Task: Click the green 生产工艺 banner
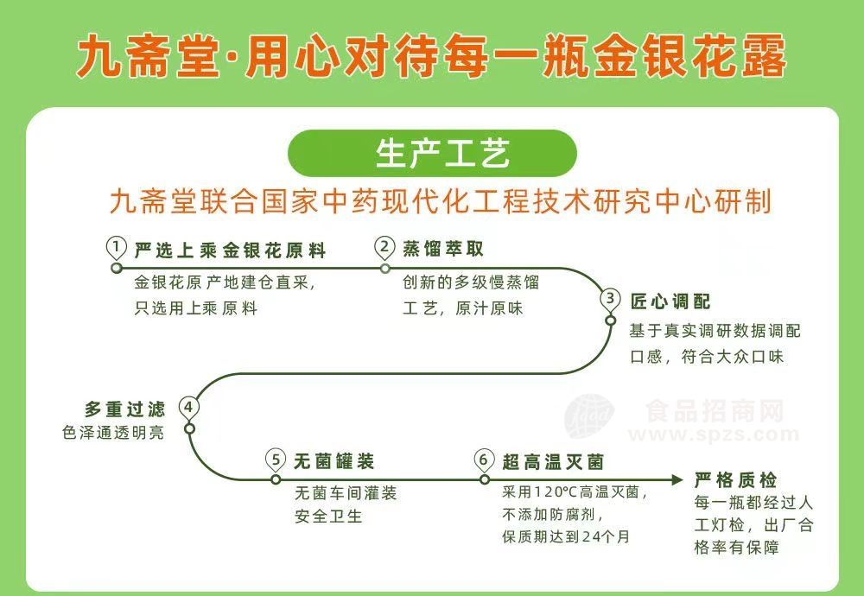point(432,154)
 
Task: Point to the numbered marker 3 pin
point(610,301)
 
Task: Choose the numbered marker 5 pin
point(276,460)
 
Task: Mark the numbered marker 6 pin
point(483,460)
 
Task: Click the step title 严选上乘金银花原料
point(231,250)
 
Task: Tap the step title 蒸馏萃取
point(443,249)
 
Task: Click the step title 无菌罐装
point(334,461)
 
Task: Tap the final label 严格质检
point(735,480)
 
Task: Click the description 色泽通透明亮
point(113,433)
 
